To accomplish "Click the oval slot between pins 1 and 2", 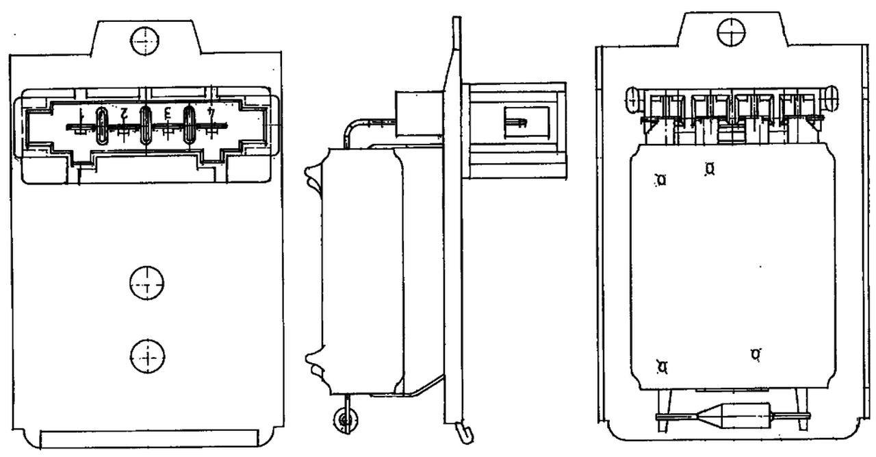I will pos(101,125).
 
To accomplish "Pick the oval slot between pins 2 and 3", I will pos(145,125).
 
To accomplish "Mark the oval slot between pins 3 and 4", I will pos(189,125).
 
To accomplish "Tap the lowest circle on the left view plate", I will pos(147,355).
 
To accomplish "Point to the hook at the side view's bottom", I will pos(465,432).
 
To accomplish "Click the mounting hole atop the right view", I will pos(731,31).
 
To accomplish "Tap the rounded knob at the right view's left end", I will pos(632,99).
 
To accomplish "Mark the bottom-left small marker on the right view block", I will pos(662,367).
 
